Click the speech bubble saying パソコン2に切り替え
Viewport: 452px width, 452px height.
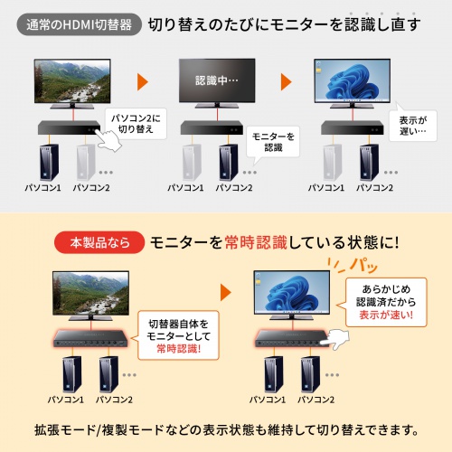coord(136,123)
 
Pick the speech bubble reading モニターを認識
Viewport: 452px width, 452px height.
coord(274,141)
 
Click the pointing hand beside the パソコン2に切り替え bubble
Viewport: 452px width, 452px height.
coord(110,142)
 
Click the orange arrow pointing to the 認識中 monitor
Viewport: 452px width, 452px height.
coord(143,82)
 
